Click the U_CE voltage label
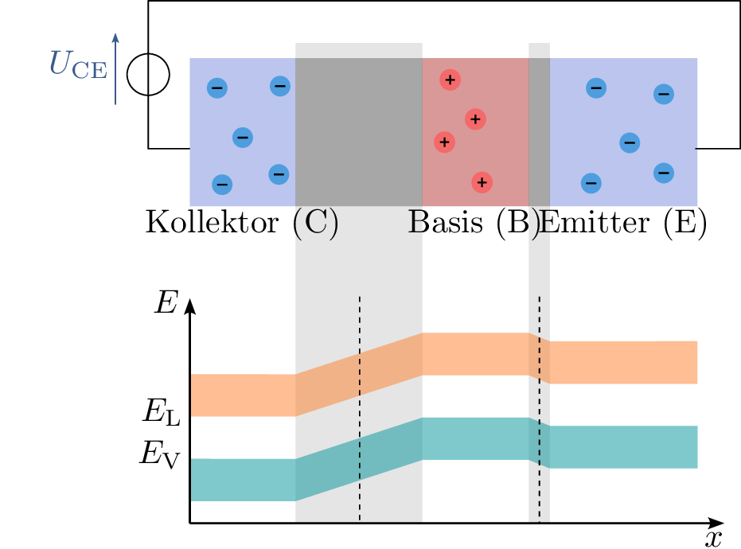77,64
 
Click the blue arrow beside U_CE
115,68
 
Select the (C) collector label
316,224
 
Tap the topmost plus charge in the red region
450,80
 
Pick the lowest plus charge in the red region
482,182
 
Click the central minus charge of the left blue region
243,138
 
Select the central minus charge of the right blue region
630,143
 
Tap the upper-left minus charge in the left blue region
216,88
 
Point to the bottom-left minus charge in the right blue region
591,183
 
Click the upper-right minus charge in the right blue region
663,94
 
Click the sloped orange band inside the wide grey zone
359,373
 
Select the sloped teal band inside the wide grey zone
359,458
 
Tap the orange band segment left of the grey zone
243,395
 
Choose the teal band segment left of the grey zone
243,479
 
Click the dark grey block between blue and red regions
358,132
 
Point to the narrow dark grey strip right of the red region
539,132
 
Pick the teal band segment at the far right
624,447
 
